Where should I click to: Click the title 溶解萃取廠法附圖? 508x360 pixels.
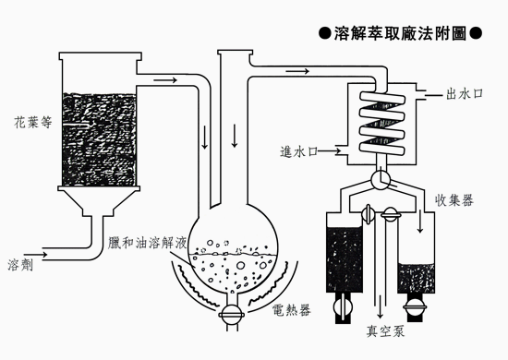(400, 33)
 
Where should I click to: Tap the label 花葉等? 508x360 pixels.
(33, 123)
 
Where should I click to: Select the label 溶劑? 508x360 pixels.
(20, 265)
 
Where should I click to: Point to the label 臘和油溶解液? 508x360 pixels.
(148, 243)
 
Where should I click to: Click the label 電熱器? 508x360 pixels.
(292, 310)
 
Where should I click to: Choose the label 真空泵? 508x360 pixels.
(385, 330)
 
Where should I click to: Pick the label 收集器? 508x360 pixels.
(454, 200)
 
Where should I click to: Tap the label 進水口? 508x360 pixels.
(298, 151)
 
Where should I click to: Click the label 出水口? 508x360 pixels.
(465, 94)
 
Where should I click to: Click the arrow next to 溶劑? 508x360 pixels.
(36, 255)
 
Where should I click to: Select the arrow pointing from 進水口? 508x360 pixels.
(329, 150)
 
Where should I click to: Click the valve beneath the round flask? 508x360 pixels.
(231, 315)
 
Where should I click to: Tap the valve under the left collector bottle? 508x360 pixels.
(343, 306)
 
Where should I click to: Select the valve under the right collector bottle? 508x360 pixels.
(415, 306)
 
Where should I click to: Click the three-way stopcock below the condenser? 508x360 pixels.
(381, 179)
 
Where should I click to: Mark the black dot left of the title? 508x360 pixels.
(324, 33)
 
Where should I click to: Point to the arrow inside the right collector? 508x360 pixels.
(420, 222)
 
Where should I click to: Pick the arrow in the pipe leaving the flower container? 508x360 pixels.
(165, 79)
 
